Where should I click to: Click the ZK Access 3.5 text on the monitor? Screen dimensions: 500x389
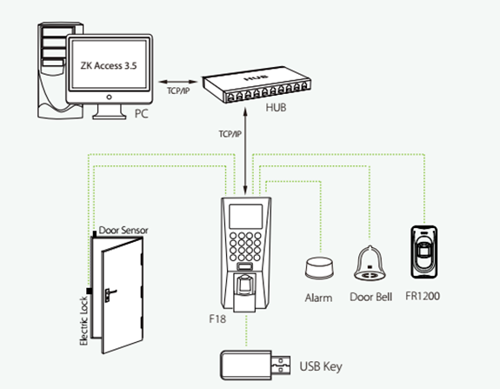pyautogui.click(x=109, y=66)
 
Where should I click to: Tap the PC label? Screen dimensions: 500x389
pyautogui.click(x=141, y=114)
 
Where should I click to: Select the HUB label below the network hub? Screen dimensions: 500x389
pyautogui.click(x=276, y=108)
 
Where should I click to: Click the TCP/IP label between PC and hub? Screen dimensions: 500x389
pyautogui.click(x=178, y=91)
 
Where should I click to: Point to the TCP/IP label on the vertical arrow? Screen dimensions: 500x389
pyautogui.click(x=230, y=134)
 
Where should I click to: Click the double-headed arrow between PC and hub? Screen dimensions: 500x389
pyautogui.click(x=178, y=82)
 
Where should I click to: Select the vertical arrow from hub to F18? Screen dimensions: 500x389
pyautogui.click(x=245, y=151)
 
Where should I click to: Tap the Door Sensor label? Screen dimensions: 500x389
pyautogui.click(x=123, y=231)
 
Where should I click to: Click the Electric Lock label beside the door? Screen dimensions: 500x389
pyautogui.click(x=83, y=321)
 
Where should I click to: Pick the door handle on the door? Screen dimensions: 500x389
pyautogui.click(x=110, y=294)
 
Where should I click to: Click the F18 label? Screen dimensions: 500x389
pyautogui.click(x=217, y=319)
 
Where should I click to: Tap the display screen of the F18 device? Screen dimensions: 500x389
pyautogui.click(x=245, y=217)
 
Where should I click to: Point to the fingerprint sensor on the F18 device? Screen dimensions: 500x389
pyautogui.click(x=244, y=284)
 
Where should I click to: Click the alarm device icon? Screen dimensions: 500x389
pyautogui.click(x=319, y=268)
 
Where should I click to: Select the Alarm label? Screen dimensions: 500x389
pyautogui.click(x=318, y=298)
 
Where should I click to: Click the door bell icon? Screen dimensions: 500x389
pyautogui.click(x=370, y=264)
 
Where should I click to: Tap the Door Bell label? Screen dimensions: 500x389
pyautogui.click(x=370, y=297)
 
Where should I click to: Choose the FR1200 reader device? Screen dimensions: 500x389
pyautogui.click(x=423, y=252)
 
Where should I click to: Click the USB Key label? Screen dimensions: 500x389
pyautogui.click(x=321, y=366)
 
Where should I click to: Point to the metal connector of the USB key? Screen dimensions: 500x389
pyautogui.click(x=281, y=365)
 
